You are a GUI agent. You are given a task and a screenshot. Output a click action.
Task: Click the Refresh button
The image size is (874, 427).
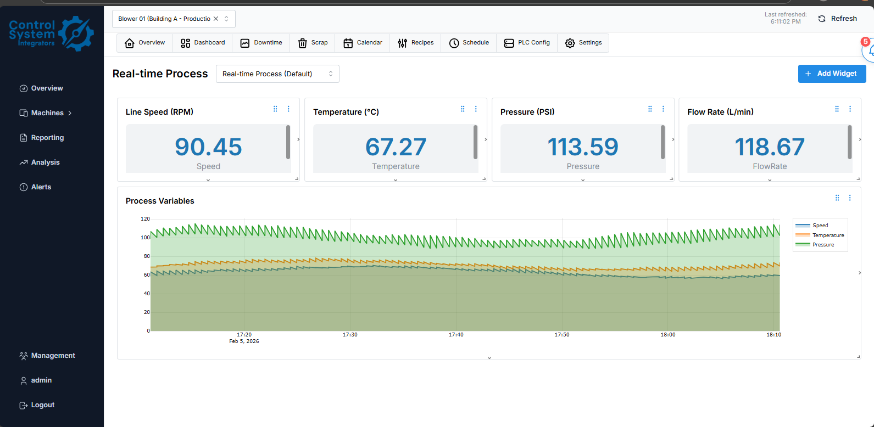pos(837,19)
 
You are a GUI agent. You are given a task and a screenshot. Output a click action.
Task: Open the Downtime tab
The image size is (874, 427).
pos(261,43)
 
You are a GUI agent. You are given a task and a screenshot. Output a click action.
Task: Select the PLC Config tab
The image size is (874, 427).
pos(527,43)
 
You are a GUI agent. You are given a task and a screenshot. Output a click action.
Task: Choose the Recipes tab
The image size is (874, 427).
pos(415,43)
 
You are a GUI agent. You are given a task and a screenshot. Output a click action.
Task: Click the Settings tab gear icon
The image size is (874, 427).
pos(570,43)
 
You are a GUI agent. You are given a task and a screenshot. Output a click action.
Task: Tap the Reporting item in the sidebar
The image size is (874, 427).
pos(47,138)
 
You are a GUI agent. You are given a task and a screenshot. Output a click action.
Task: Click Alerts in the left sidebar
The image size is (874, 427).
pos(41,187)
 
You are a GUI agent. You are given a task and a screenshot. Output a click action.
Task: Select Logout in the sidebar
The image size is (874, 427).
pos(42,405)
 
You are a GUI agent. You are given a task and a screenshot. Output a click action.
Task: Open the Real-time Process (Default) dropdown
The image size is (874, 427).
pos(277,74)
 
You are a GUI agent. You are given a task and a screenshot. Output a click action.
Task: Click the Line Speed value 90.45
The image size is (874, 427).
pos(208,147)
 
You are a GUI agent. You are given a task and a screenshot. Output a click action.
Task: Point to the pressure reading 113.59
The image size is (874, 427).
pos(583,147)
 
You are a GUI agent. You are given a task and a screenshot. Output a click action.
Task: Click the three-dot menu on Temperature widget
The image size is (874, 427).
pos(476,109)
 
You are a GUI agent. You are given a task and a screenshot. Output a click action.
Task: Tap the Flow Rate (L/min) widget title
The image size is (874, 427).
pos(720,112)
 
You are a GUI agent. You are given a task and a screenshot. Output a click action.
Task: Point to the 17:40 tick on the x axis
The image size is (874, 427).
pos(456,334)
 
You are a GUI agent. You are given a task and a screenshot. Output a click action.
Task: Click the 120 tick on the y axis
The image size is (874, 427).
pos(145,219)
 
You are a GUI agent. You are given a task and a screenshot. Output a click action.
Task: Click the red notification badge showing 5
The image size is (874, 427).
pos(865,42)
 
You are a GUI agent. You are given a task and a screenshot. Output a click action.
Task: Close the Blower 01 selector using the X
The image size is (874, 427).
pos(216,19)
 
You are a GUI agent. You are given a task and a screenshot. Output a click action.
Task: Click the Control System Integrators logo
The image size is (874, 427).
pos(52,33)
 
